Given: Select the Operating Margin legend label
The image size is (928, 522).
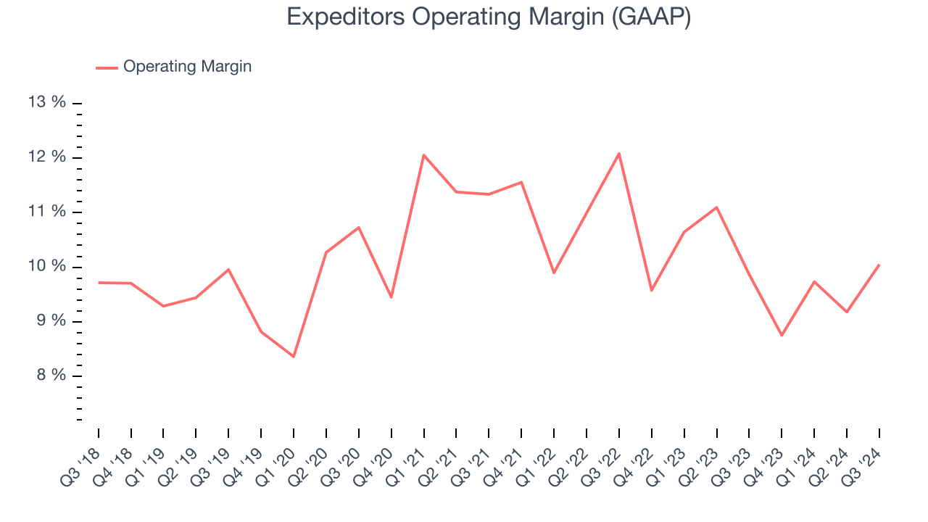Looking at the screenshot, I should coord(187,67).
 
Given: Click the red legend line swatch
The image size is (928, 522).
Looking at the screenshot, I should coord(107,67).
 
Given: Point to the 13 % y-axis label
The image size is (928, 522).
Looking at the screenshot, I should coord(47,102).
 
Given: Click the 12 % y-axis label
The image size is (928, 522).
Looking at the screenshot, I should coord(47,157).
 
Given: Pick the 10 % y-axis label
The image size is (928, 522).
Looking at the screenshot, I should coord(47,267).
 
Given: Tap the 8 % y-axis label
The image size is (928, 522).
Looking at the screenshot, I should coord(50,376).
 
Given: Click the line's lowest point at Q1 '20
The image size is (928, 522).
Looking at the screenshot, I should coord(294,357).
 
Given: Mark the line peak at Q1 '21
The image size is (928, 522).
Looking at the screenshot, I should coord(423,155).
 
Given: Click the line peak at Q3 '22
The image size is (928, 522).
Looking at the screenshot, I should coord(618,153).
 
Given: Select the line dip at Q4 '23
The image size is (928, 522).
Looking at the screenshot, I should coord(782,335).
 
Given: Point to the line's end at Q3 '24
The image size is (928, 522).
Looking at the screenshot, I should coord(879,265).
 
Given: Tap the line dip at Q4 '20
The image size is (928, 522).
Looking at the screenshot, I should coord(391,297).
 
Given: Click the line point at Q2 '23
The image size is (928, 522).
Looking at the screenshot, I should coord(716,207).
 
